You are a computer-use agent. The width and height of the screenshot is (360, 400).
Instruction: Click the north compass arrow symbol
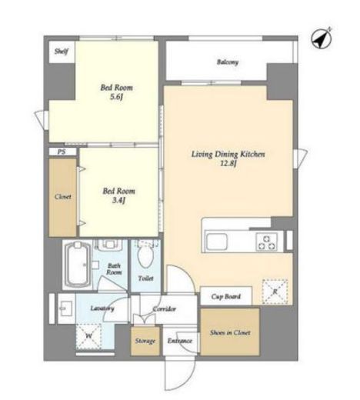click(322, 38)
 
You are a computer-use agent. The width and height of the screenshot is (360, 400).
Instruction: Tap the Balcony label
click(228, 62)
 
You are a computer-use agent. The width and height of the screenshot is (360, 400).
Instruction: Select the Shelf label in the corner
click(62, 52)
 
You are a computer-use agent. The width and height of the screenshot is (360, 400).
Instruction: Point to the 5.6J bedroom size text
click(117, 97)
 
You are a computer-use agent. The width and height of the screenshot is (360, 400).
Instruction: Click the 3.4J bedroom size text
click(118, 200)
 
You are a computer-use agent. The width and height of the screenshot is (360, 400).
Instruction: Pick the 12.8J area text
click(228, 163)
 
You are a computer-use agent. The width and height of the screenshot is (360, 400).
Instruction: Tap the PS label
click(62, 152)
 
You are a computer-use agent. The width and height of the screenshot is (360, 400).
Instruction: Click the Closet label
click(63, 197)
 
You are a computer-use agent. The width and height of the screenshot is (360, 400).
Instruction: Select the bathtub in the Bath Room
click(77, 265)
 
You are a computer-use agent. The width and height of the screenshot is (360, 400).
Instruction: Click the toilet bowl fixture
click(145, 255)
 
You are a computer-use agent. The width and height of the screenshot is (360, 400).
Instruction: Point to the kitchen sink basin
click(217, 242)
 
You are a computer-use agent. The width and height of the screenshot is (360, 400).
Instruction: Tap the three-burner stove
click(267, 242)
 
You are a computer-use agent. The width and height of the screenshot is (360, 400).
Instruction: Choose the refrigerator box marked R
click(275, 292)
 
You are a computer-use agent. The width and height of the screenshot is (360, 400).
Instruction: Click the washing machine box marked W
click(88, 336)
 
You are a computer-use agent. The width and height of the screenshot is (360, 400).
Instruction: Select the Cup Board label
click(226, 297)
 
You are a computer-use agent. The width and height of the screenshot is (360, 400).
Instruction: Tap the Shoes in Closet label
click(230, 332)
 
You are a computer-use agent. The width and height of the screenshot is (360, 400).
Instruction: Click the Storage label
click(145, 341)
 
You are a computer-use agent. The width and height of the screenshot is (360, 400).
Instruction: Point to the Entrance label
click(180, 341)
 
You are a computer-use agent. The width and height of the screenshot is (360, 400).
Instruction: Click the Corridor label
click(165, 309)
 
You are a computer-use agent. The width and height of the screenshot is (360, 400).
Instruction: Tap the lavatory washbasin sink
click(65, 308)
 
